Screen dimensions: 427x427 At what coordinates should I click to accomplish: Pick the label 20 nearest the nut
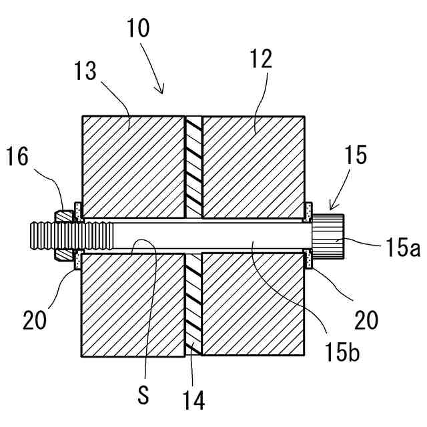pos(35,321)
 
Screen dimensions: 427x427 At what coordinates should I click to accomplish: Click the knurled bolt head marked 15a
pos(329,236)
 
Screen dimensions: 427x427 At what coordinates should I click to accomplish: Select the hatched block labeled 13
pos(132,167)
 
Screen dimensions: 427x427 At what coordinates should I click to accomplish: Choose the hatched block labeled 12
pos(254,167)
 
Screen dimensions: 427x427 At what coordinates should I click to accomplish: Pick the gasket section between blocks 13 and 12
pos(193,167)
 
